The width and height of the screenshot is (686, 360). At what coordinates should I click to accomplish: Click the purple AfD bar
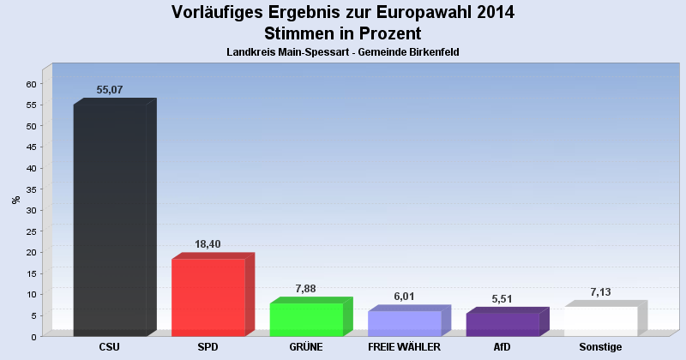(x=502, y=324)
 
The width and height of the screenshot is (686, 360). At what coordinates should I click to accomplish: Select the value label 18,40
(x=209, y=244)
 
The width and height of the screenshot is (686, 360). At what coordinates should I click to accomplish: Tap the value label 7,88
(x=305, y=289)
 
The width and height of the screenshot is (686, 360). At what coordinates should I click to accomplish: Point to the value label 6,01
(x=404, y=297)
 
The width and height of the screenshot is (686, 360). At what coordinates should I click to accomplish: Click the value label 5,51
(x=502, y=299)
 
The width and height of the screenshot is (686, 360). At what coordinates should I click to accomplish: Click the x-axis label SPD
(x=208, y=347)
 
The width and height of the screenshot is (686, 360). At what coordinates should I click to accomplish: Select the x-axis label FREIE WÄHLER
(x=404, y=347)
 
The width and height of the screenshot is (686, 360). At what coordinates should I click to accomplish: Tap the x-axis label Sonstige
(x=600, y=347)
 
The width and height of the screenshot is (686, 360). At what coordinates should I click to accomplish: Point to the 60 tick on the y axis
(x=31, y=84)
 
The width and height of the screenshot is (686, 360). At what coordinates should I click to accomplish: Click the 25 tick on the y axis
(x=31, y=231)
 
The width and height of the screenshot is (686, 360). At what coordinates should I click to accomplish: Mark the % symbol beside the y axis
(x=15, y=200)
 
